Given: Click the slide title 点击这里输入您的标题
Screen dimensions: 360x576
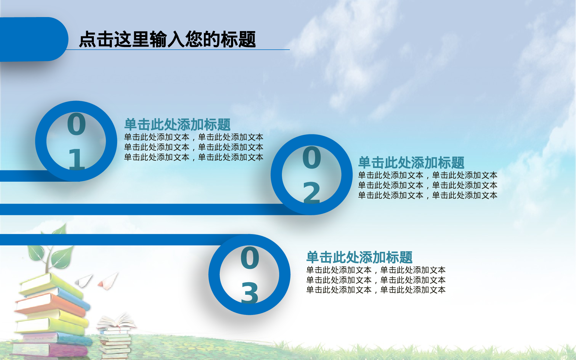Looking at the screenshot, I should click(x=167, y=39).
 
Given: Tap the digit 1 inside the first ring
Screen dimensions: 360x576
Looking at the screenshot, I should click(x=76, y=159).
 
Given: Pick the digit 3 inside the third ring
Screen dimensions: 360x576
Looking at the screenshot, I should click(x=250, y=293).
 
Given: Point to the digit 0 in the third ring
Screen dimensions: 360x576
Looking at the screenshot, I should click(x=250, y=258).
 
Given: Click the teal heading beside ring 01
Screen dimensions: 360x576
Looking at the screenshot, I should click(x=177, y=125).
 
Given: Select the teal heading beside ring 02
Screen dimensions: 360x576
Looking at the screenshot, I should click(x=411, y=163).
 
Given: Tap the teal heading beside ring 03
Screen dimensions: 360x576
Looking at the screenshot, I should click(x=359, y=257).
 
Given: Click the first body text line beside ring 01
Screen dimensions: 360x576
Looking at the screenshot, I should click(x=194, y=137).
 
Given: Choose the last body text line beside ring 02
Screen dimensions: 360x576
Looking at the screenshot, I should click(x=428, y=195).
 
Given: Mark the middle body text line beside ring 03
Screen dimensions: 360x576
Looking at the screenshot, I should click(x=376, y=280).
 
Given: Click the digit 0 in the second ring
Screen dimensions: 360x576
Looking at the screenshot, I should click(x=311, y=158).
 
